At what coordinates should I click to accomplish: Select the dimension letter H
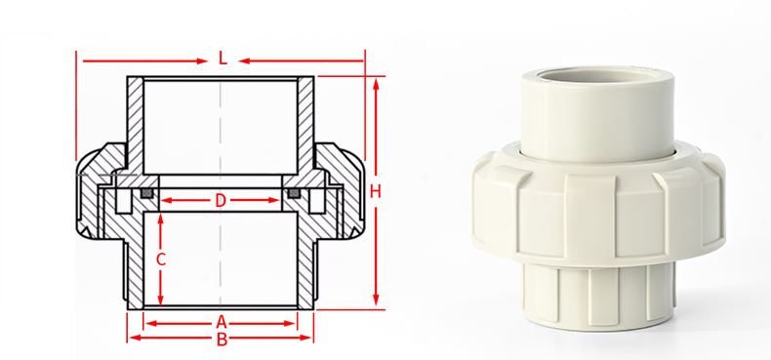pyautogui.click(x=375, y=191)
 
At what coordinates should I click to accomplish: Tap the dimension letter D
pyautogui.click(x=221, y=201)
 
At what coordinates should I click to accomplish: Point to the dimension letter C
pyautogui.click(x=162, y=260)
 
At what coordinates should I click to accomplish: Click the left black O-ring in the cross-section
pyautogui.click(x=146, y=194)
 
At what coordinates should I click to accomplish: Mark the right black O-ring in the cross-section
pyautogui.click(x=294, y=194)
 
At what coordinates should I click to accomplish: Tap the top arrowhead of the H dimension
pyautogui.click(x=376, y=81)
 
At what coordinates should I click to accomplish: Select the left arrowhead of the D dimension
pyautogui.click(x=164, y=201)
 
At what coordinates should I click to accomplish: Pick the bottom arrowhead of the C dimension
pyautogui.click(x=162, y=302)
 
